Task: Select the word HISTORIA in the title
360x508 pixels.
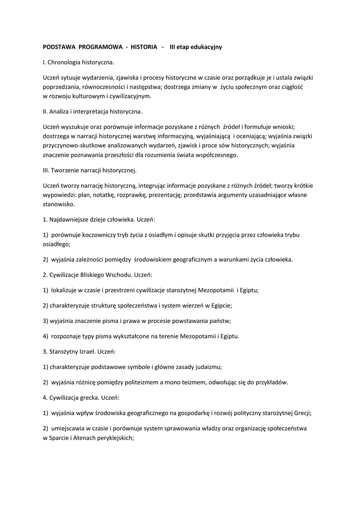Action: point(144,47)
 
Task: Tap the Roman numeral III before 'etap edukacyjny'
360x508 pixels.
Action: point(173,47)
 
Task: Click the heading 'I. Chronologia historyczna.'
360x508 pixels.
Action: point(78,63)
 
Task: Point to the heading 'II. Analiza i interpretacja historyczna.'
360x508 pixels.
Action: point(92,112)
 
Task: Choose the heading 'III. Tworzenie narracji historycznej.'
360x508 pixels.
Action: point(89,170)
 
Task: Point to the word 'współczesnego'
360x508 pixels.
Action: point(217,155)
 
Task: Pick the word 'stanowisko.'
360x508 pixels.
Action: point(59,204)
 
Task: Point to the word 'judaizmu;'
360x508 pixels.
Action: point(208,367)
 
